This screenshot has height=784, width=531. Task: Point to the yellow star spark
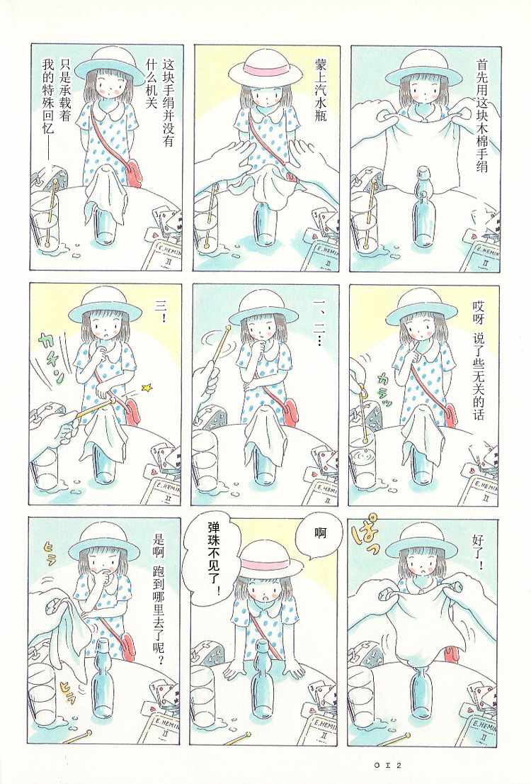pos(147,386)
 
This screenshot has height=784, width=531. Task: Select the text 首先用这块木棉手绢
pos(481,116)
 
